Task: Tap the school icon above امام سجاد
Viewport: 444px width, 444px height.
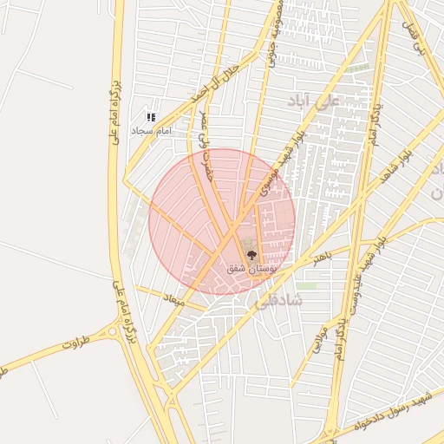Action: point(151,116)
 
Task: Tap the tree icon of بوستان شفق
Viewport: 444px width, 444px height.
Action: point(251,256)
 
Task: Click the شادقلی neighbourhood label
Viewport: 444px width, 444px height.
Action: point(280,300)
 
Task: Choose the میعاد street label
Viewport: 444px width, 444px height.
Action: point(174,299)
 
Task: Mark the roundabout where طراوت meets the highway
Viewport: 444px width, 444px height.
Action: point(114,330)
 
